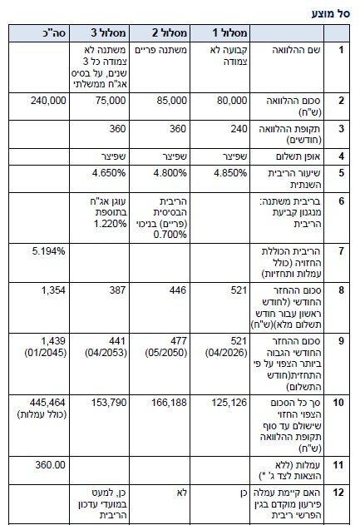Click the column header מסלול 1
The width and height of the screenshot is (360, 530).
[228, 32]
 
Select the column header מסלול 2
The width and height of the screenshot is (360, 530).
[167, 32]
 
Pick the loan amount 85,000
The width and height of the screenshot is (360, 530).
[171, 100]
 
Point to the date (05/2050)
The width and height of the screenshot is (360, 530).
[166, 351]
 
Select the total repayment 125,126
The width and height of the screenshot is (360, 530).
[229, 404]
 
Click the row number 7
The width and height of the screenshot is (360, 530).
[341, 250]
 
